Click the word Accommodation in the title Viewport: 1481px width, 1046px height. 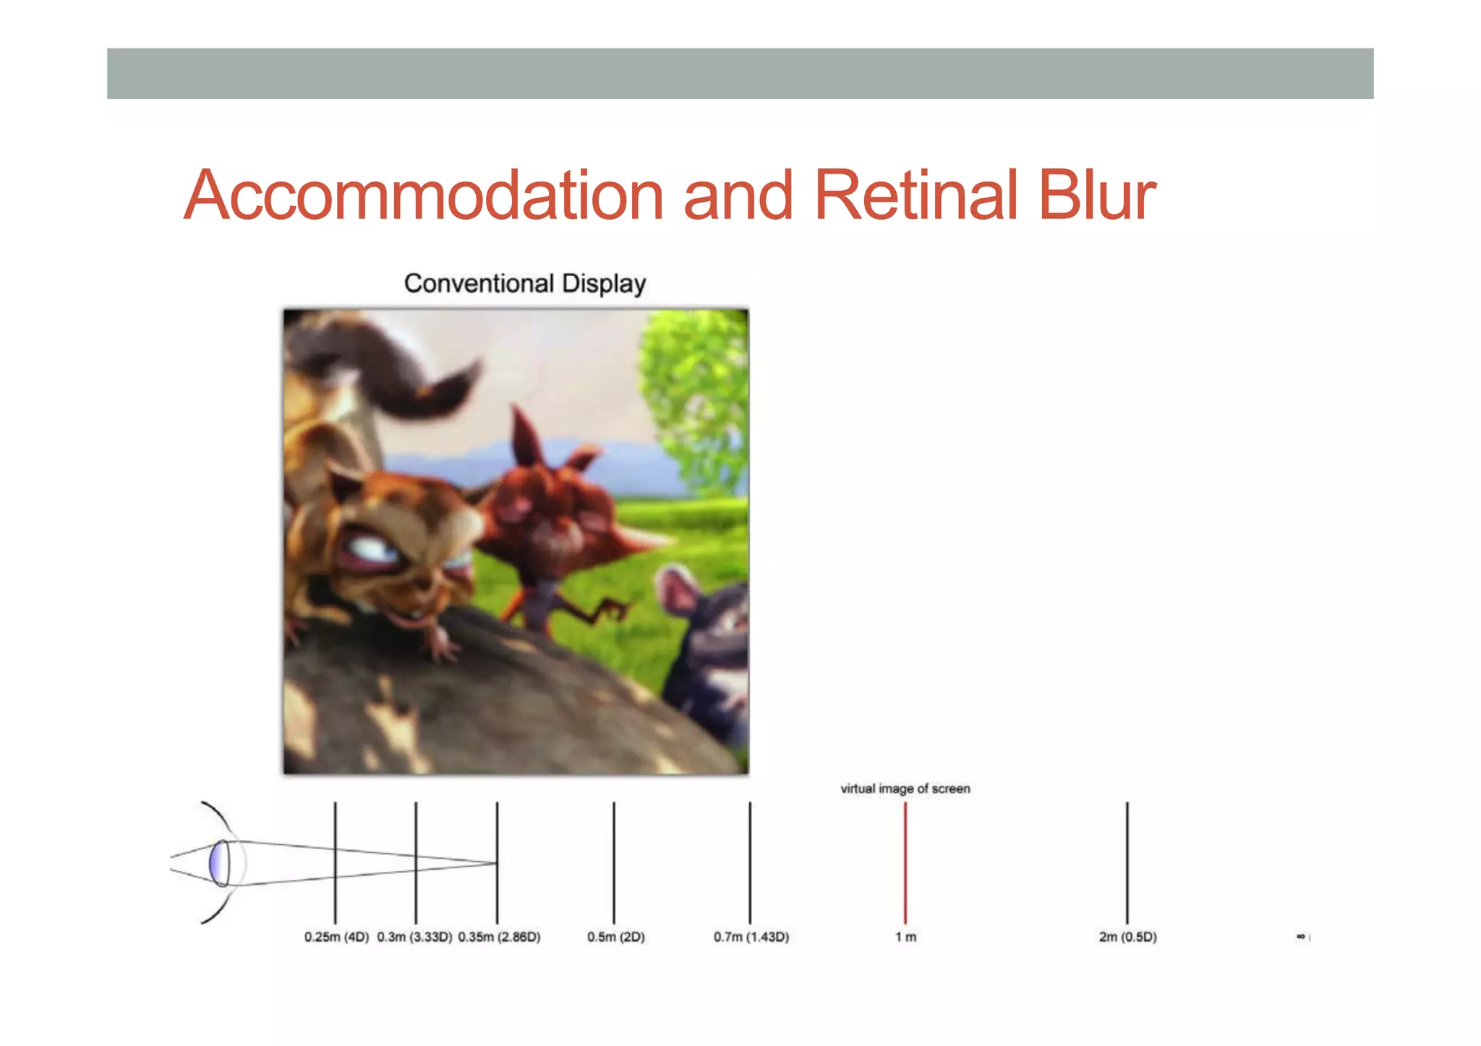tap(424, 195)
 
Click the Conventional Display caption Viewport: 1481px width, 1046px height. tap(524, 283)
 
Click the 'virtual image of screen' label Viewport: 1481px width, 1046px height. tap(905, 789)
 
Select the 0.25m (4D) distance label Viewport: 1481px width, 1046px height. tap(336, 937)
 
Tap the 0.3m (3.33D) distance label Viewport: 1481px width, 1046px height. tap(414, 937)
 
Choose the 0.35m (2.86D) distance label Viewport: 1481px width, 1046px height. tap(499, 937)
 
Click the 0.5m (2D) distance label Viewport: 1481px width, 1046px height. tap(615, 937)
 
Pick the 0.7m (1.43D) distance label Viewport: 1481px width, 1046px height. tap(751, 937)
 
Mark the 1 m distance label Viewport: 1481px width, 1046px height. tap(905, 937)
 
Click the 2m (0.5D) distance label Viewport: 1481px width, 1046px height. tap(1127, 937)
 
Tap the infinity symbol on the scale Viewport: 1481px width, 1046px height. tap(1300, 937)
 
